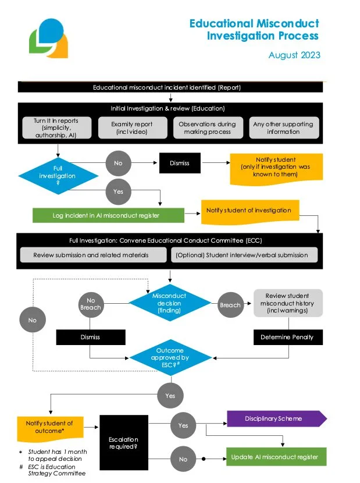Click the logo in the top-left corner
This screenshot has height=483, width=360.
point(48,39)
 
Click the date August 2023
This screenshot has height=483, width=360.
point(294,55)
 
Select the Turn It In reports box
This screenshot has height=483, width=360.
point(56,128)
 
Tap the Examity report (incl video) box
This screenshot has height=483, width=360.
point(132,128)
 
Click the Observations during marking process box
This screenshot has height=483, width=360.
point(207,128)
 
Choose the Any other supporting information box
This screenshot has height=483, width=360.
point(283,128)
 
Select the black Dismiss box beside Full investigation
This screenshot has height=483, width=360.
point(180,163)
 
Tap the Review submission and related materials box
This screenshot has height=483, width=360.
point(91,255)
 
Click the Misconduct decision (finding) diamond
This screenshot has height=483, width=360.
point(169,303)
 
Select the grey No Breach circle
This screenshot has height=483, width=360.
point(91,303)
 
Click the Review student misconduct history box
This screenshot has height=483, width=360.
point(288,303)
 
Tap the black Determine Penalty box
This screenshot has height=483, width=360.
point(288,337)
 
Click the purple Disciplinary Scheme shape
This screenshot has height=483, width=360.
point(273,418)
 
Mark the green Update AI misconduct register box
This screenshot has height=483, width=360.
point(275,457)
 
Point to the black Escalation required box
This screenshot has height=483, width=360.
point(123,443)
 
